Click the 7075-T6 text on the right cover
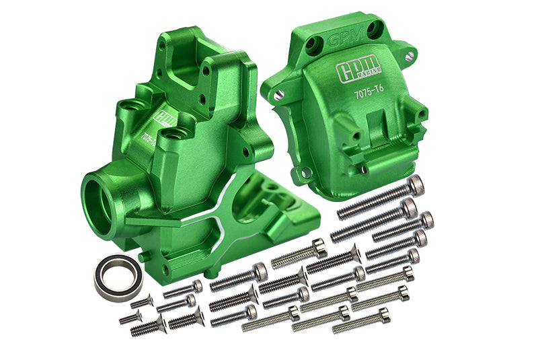click(373, 95)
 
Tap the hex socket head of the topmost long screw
click(417, 183)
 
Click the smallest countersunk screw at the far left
click(131, 316)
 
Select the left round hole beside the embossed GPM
click(312, 46)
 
